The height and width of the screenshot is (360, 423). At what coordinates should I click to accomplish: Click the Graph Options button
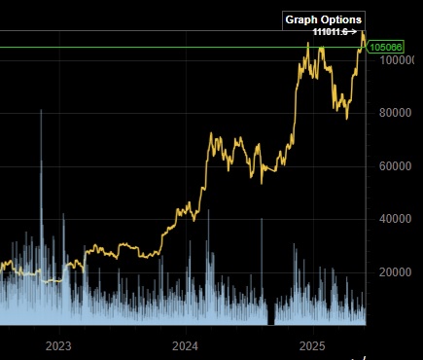point(324,19)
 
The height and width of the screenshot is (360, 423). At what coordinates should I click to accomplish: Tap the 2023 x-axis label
point(59,345)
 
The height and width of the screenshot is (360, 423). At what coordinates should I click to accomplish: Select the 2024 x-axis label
point(186,345)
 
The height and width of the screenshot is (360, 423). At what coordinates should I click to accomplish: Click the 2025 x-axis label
point(312,345)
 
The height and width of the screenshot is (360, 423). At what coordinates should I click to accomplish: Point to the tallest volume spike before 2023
point(41,113)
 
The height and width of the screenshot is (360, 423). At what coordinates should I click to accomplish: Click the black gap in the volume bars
point(272,314)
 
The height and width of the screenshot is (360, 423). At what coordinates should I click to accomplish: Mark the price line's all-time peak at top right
point(362,32)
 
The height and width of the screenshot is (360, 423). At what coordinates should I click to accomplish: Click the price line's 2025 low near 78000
point(347,118)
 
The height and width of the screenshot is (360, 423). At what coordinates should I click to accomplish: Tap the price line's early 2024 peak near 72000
point(213,135)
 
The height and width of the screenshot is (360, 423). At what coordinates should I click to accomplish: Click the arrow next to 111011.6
point(353,32)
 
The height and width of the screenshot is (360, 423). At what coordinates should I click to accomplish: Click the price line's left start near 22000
point(3,266)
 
